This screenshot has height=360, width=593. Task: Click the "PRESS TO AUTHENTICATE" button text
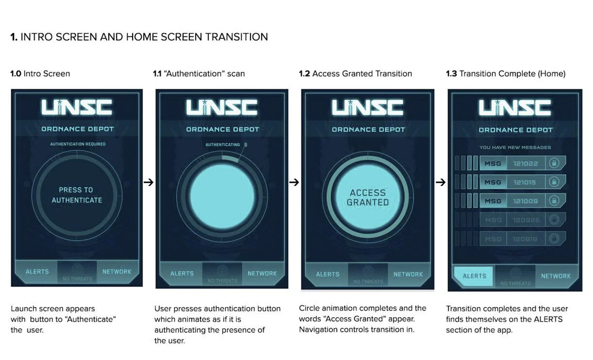[77, 195]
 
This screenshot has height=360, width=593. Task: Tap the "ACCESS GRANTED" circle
[368, 197]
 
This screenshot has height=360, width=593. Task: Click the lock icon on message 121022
[553, 164]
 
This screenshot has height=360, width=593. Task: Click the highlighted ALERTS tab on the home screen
[474, 276]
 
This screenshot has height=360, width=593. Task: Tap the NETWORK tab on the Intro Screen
[117, 272]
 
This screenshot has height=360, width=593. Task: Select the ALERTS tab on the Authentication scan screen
[182, 274]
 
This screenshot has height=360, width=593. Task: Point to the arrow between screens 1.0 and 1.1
[149, 182]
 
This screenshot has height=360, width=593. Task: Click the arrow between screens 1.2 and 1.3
[440, 182]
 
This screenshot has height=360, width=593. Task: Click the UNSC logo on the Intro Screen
[77, 108]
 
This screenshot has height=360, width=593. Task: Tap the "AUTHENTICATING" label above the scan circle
[223, 145]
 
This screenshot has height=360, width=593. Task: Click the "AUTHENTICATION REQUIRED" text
[78, 144]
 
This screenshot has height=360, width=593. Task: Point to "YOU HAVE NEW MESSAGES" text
[515, 147]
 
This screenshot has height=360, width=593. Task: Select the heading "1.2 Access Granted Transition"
[355, 74]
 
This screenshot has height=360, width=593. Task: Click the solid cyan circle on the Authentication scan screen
[222, 193]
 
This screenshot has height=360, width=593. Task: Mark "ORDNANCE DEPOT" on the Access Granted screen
[368, 130]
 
